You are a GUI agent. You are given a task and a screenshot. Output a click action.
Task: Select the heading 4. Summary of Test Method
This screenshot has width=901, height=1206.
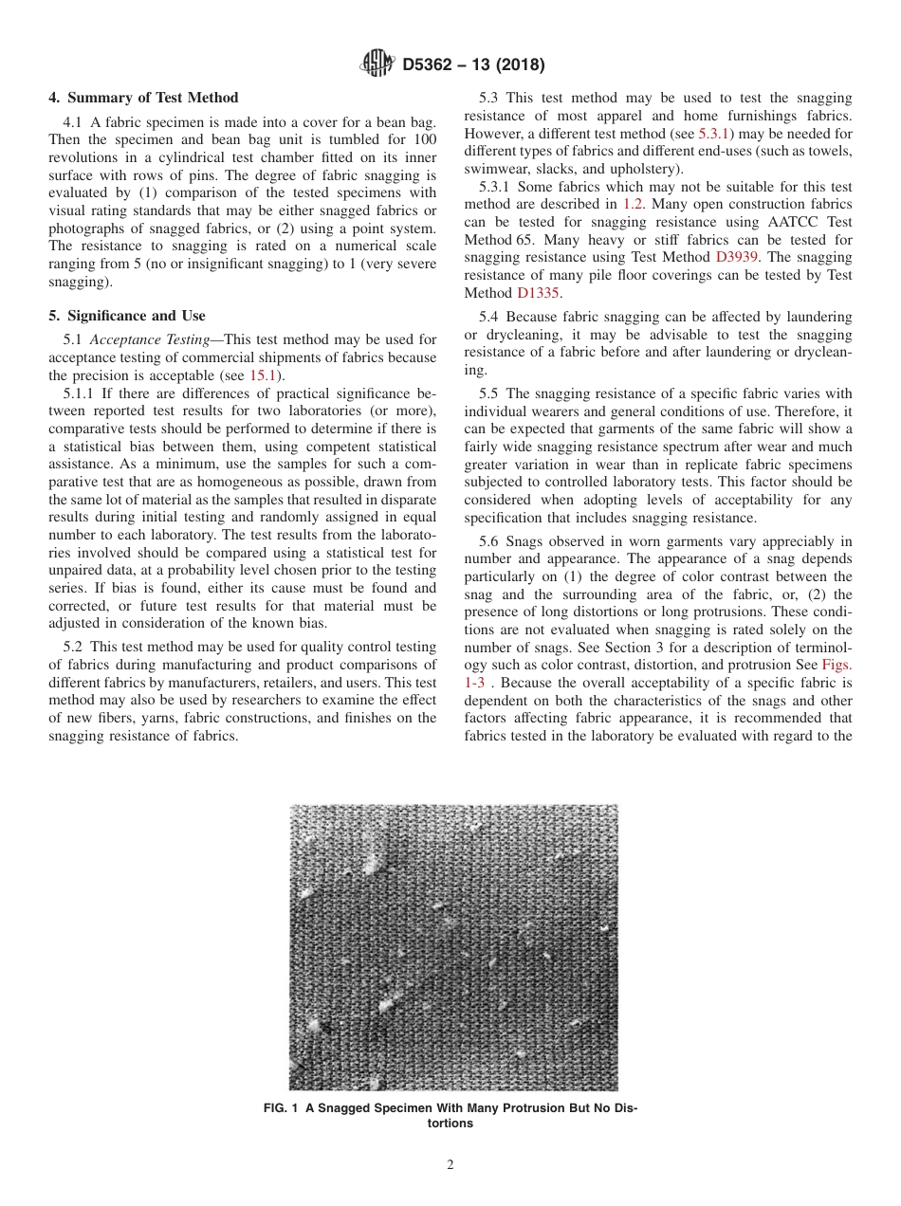pyautogui.click(x=143, y=98)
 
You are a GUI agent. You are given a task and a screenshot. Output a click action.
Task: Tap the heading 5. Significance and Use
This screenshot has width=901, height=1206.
pyautogui.click(x=127, y=316)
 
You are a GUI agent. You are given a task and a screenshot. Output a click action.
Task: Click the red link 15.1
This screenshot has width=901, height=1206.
pyautogui.click(x=259, y=375)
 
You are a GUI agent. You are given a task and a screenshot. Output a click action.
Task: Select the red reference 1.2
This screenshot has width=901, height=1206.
pyautogui.click(x=633, y=204)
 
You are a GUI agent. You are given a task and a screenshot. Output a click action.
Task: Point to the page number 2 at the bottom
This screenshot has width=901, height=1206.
pyautogui.click(x=450, y=1165)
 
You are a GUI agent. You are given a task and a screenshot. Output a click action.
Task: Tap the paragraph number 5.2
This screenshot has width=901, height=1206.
pyautogui.click(x=76, y=647)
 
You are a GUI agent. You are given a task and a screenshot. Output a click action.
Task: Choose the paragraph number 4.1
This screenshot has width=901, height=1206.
pyautogui.click(x=76, y=121)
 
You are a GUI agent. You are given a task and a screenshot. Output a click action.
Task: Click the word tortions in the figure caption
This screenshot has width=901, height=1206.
pyautogui.click(x=450, y=1124)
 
